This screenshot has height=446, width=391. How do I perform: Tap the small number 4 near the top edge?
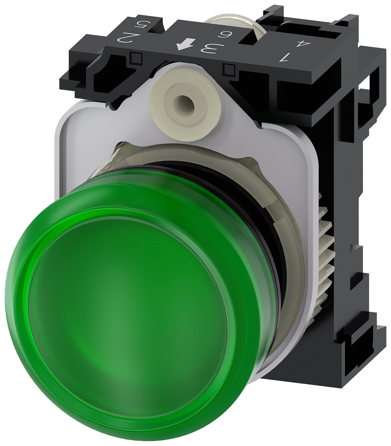(303, 44)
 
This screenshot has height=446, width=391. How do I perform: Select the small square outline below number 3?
(229, 69)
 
